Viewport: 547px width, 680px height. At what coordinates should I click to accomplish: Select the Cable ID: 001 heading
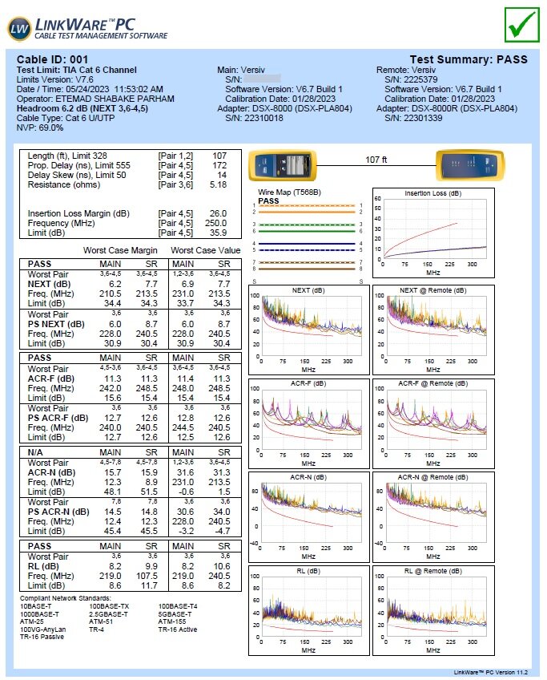click(x=53, y=59)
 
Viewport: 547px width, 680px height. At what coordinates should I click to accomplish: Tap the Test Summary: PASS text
click(x=469, y=59)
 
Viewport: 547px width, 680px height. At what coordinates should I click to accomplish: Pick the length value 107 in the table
click(x=219, y=156)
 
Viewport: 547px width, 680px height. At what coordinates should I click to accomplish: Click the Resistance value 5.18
click(x=218, y=184)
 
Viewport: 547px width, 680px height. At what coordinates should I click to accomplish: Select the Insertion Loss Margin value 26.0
click(x=218, y=213)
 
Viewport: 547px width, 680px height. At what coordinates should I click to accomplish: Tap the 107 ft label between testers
click(x=376, y=160)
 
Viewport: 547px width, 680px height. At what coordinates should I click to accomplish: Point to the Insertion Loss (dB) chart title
click(x=432, y=193)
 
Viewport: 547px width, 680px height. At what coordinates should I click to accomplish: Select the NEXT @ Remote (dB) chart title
click(x=432, y=289)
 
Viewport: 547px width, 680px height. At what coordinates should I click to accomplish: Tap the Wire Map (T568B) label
click(x=290, y=192)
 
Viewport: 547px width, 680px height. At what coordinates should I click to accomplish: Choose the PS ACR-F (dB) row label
click(x=58, y=417)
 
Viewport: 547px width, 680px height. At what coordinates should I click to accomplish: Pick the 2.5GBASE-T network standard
click(x=109, y=613)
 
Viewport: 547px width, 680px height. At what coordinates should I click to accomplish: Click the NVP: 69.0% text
click(x=40, y=127)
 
